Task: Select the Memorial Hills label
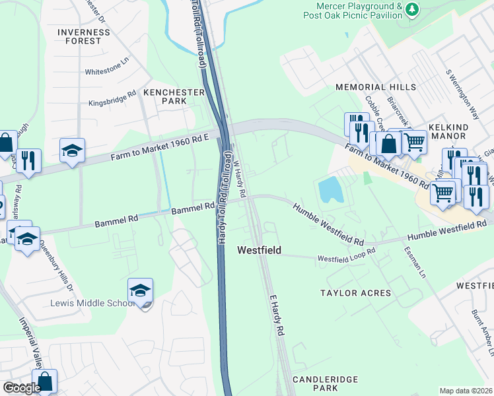tap(376, 87)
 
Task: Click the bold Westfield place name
tap(260, 250)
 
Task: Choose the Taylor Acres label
tap(355, 292)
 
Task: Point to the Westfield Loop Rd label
tap(346, 255)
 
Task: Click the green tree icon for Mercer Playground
tap(412, 9)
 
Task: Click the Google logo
tap(22, 388)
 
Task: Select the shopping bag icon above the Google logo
tap(44, 381)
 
